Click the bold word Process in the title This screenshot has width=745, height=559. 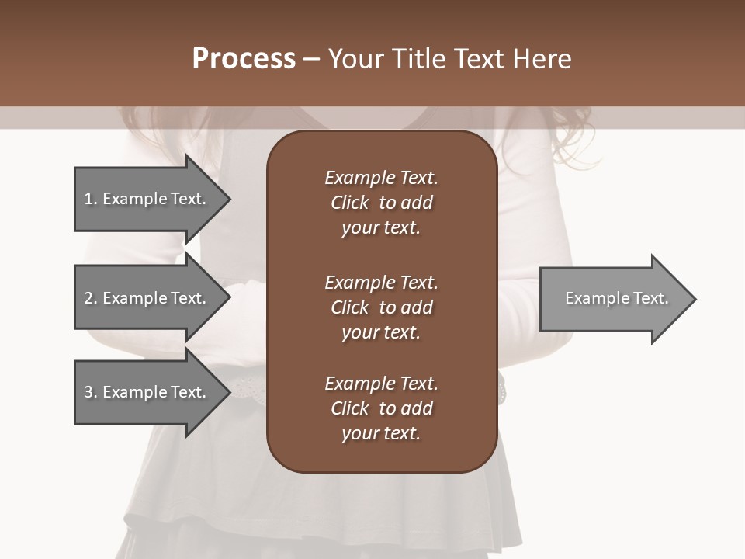pos(244,59)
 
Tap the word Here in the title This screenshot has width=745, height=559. pos(540,59)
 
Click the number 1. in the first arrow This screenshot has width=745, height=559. pos(91,199)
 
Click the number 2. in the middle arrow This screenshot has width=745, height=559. pos(91,298)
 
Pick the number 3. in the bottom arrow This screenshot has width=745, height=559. pos(91,392)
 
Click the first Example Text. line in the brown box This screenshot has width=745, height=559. pos(381,178)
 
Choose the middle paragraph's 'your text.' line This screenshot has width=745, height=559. pos(381,332)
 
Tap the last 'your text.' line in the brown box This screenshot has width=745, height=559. pos(381,433)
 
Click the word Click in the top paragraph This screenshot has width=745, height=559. pos(349,203)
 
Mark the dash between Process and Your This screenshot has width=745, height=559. pos(311,59)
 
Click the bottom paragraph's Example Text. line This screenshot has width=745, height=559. pos(381,384)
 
